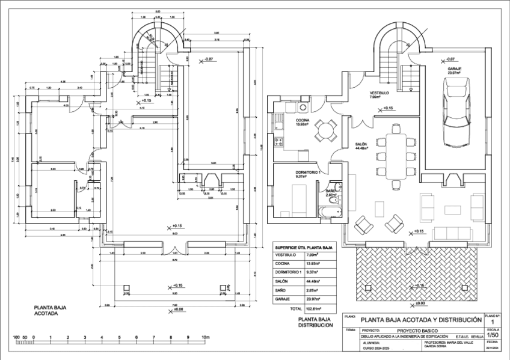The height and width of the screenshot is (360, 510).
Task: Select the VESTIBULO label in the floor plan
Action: point(379,93)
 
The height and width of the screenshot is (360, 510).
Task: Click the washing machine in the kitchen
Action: point(303,107)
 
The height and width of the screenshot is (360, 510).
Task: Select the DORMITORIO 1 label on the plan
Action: point(309,173)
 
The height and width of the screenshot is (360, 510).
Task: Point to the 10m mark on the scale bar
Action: point(206,337)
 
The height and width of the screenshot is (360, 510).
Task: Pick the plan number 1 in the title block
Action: point(493,322)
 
